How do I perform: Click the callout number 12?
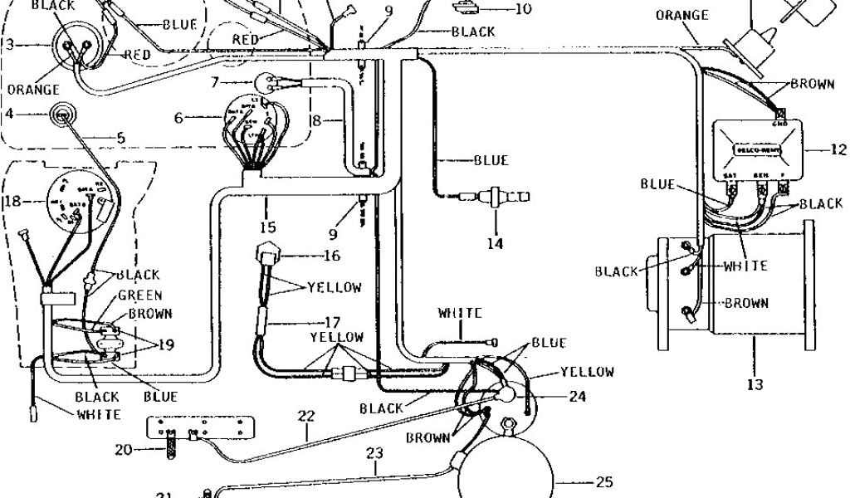tap(839, 150)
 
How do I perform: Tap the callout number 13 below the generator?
tap(755, 384)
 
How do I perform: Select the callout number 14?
tap(496, 243)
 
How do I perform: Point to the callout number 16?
tap(331, 255)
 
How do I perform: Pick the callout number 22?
tap(306, 415)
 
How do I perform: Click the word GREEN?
tap(139, 295)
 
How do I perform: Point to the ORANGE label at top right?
tap(681, 15)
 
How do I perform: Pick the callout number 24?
tap(578, 397)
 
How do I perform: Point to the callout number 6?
tap(178, 118)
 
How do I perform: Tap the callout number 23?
tap(375, 454)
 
